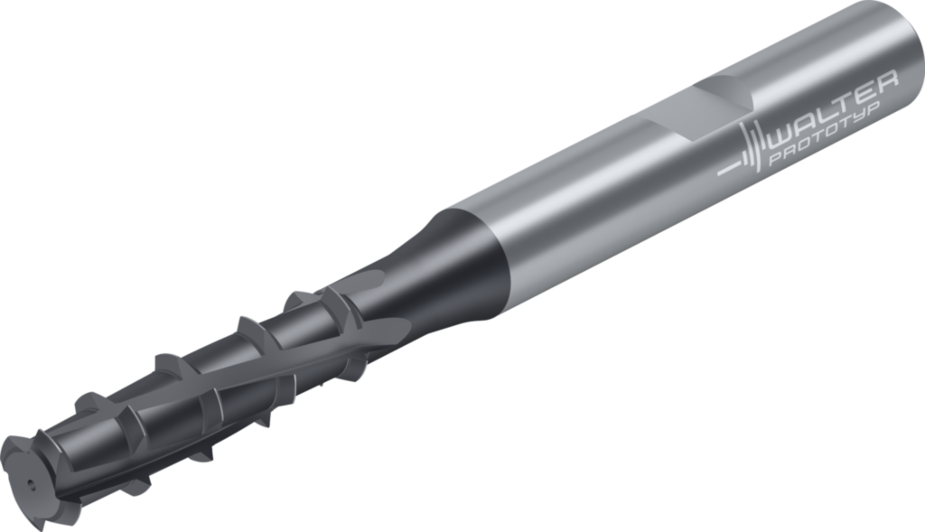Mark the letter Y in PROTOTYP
pos(858,117)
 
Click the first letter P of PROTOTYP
pos(776,158)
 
